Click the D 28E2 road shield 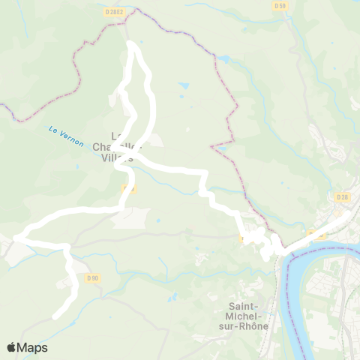(115, 12)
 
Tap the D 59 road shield (280, 6)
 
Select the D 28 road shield (343, 196)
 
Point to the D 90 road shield (92, 278)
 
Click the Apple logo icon (12, 347)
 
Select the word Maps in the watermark (33, 347)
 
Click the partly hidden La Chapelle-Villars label (122, 147)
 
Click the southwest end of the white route (55, 318)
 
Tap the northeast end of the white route (348, 213)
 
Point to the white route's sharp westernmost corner (15, 238)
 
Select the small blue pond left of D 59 (223, 59)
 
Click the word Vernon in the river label (70, 139)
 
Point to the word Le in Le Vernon (52, 130)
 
